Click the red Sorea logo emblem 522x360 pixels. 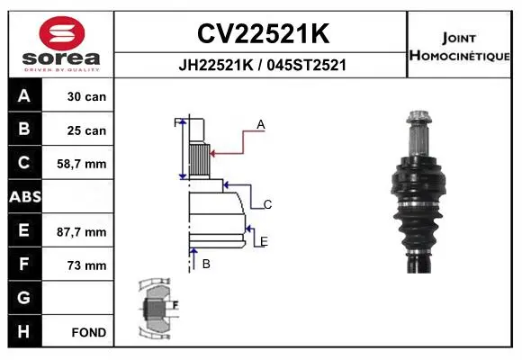[62, 33]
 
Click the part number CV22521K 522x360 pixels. [264, 33]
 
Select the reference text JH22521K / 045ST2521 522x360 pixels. [262, 65]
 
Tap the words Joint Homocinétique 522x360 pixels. [459, 47]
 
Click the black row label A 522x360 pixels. [24, 95]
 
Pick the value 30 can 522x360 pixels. [86, 96]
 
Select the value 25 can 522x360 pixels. [86, 130]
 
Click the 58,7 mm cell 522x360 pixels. [82, 164]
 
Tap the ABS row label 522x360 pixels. [25, 197]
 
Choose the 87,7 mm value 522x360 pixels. [82, 232]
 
